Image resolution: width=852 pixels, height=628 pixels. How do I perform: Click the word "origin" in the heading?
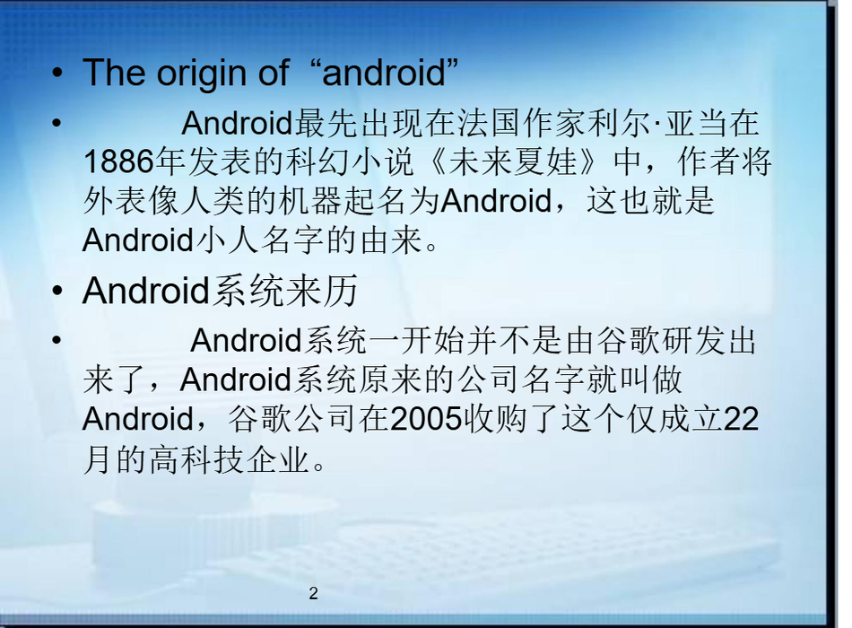pyautogui.click(x=204, y=74)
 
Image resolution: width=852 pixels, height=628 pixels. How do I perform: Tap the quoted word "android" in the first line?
pyautogui.click(x=384, y=73)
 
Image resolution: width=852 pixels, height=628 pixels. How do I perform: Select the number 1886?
pyautogui.click(x=118, y=161)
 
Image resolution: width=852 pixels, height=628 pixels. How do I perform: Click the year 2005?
pyautogui.click(x=425, y=419)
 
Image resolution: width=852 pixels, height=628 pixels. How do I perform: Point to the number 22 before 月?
pyautogui.click(x=741, y=419)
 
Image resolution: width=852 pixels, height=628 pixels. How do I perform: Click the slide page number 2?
pyautogui.click(x=313, y=593)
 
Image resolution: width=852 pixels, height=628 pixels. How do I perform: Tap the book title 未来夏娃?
pyautogui.click(x=512, y=161)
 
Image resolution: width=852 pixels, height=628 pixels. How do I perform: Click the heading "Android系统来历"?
pyautogui.click(x=220, y=291)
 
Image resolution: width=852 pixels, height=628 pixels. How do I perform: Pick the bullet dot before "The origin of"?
pyautogui.click(x=57, y=74)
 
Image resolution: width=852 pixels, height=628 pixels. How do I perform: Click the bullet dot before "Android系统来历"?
pyautogui.click(x=57, y=291)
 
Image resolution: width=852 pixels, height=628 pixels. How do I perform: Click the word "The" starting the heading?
pyautogui.click(x=114, y=73)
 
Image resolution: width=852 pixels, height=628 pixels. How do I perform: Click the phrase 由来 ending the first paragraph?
pyautogui.click(x=390, y=240)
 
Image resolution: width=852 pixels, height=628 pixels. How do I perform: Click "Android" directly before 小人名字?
pyautogui.click(x=138, y=240)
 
